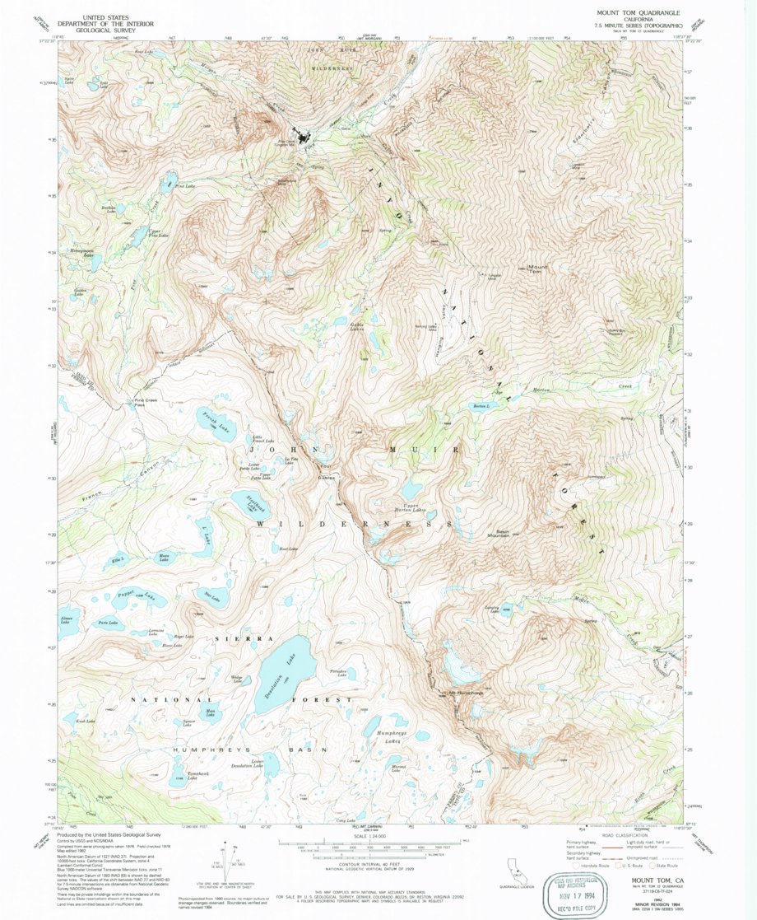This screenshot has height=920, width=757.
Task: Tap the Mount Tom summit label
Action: pyautogui.click(x=537, y=268)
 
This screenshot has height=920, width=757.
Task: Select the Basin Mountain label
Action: pyautogui.click(x=504, y=534)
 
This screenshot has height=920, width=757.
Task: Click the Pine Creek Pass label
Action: pyautogui.click(x=145, y=404)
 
